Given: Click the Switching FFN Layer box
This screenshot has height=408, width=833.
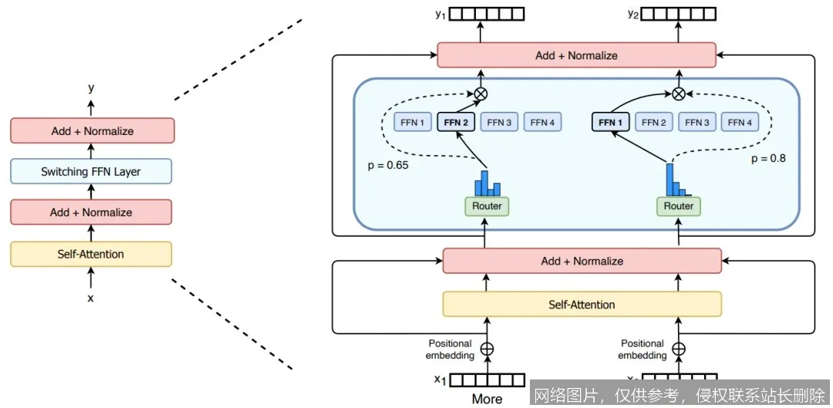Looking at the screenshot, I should click(91, 171).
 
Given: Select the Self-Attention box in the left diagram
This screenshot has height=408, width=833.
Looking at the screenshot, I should click(91, 254).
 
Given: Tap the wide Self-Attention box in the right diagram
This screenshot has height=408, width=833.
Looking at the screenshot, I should click(582, 304).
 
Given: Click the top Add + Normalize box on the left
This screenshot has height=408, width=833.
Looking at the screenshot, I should click(92, 130).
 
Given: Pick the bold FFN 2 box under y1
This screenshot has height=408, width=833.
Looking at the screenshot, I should click(456, 122).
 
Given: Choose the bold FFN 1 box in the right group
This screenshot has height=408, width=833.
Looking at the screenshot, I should click(610, 122).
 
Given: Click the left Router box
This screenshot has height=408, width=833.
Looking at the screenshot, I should click(487, 206).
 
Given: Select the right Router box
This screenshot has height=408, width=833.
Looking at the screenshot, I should click(679, 206).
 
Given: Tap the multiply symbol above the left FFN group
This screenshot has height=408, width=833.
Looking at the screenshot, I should click(481, 93).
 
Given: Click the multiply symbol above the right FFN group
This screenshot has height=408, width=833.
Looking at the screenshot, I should click(679, 93).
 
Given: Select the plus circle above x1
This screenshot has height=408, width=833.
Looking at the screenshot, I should click(487, 349).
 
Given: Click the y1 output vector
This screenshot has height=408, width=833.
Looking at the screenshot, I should click(487, 14).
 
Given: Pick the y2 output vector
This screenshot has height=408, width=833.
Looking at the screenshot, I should click(679, 14).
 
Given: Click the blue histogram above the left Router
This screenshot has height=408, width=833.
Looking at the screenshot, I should click(487, 183).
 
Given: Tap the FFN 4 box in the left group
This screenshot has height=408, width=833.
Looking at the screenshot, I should click(542, 122).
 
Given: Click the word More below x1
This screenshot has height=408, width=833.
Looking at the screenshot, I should click(487, 399).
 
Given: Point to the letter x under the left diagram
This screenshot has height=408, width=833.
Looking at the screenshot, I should click(91, 298).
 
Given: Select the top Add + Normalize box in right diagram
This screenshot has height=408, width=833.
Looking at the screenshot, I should click(576, 56).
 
